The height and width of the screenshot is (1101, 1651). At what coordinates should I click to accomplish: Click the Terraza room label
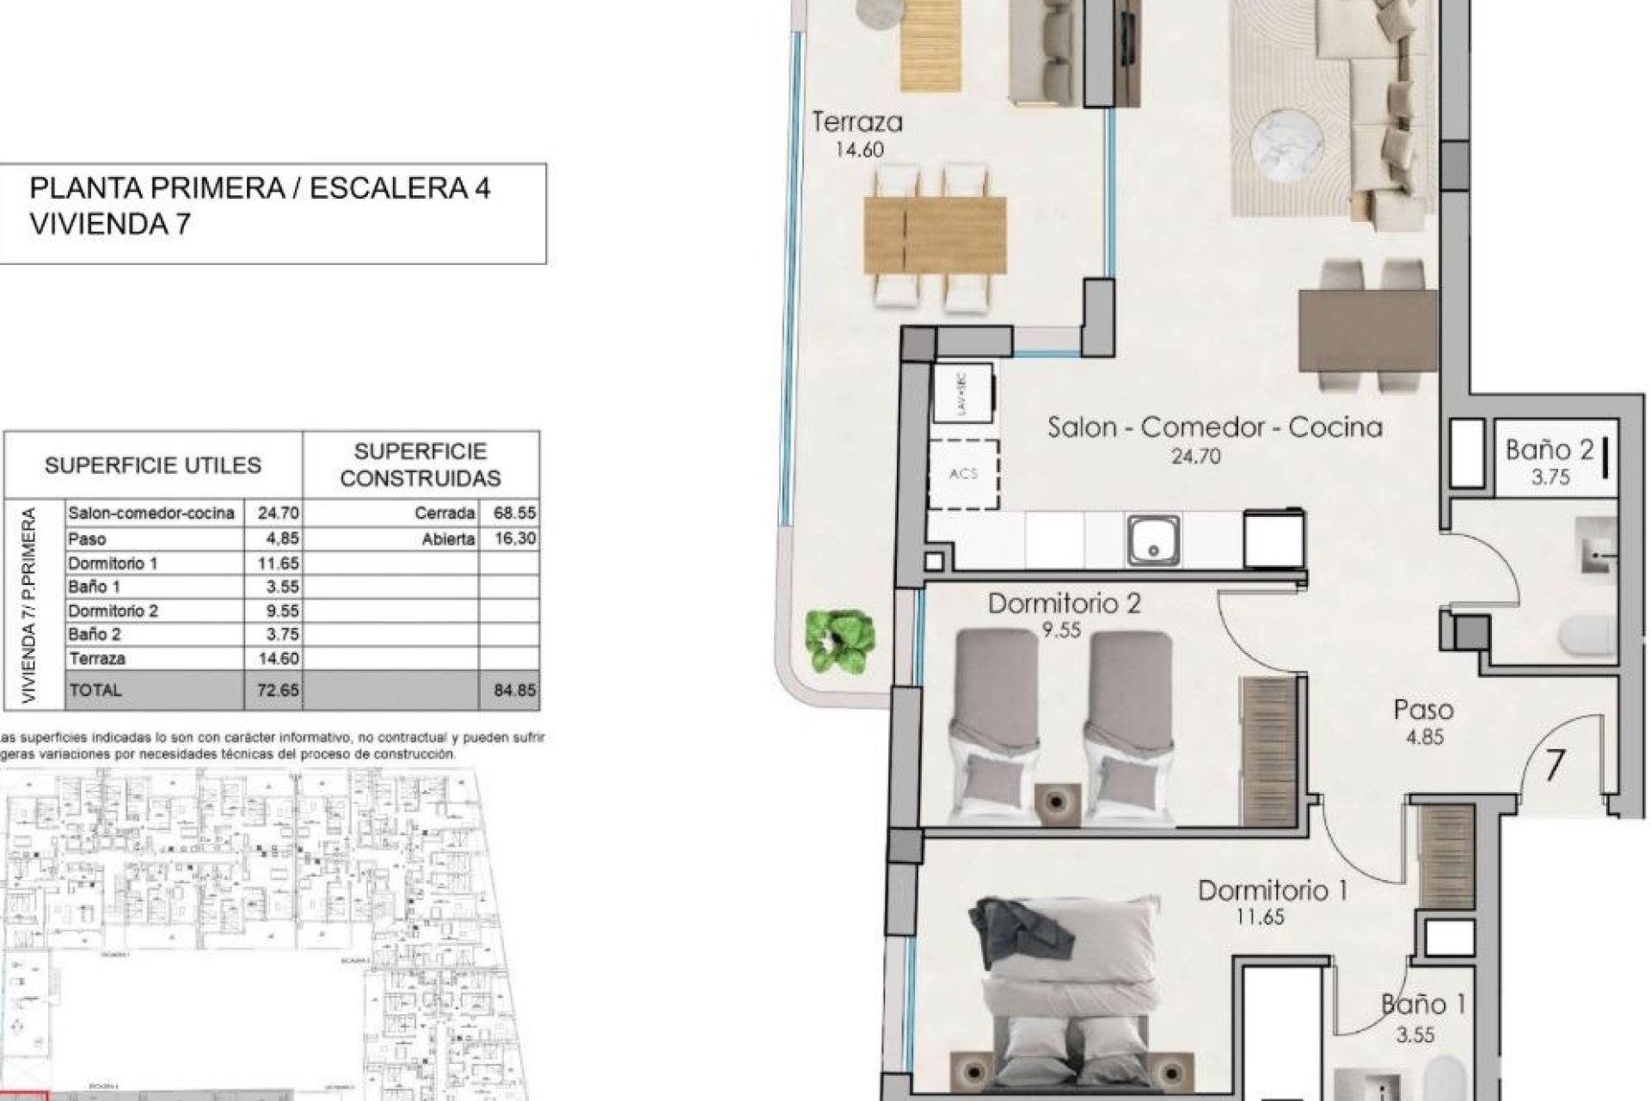point(856,123)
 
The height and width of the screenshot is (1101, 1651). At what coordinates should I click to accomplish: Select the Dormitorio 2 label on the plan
point(1064,603)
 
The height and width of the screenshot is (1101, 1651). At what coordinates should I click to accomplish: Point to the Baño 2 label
point(1550,450)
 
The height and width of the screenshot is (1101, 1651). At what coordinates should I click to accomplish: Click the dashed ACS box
point(964,474)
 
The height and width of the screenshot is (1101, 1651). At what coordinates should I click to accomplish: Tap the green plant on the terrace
point(840,641)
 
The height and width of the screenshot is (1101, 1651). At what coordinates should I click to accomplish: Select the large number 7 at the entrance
point(1554,765)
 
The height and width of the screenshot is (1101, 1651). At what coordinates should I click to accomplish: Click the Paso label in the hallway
point(1423,710)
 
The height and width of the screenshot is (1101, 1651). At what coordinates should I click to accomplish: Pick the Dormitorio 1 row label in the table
point(113,563)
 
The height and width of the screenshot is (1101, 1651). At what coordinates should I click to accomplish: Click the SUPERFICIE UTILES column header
point(152,465)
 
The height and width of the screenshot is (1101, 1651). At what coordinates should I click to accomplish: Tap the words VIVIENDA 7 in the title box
point(110,225)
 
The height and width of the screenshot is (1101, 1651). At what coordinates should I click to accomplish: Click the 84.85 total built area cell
point(514,690)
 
